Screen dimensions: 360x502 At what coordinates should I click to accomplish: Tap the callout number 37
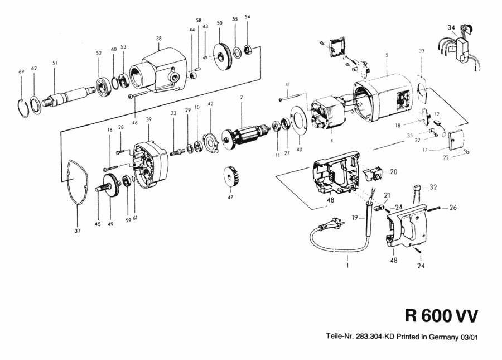78,229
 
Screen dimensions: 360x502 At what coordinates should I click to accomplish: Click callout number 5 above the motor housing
386,55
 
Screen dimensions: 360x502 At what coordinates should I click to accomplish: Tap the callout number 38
159,39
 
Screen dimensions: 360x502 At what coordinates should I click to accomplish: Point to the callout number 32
433,187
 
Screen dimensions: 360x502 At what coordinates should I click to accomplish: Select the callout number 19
353,218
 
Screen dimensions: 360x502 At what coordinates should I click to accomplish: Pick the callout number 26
453,208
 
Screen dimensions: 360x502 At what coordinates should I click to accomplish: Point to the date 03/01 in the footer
469,337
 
